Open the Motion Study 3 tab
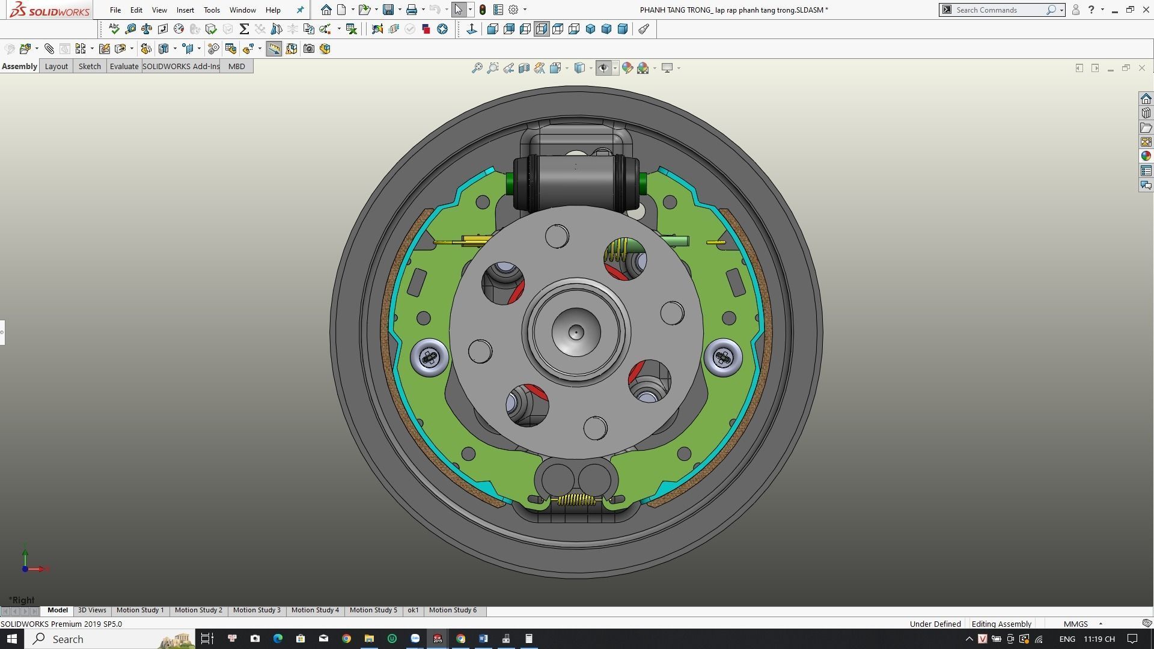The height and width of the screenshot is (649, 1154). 257,610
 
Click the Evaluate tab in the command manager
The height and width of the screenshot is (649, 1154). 124,66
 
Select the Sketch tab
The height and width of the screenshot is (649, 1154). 90,66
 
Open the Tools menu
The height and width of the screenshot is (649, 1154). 212,10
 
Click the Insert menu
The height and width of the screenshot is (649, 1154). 185,10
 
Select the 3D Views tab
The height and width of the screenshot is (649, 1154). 92,610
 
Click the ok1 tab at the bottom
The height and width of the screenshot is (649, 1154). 413,610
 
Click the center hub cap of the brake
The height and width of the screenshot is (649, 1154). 576,332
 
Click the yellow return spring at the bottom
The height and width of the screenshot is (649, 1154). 576,500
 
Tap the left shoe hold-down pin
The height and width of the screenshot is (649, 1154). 430,358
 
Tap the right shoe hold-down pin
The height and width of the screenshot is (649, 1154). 722,358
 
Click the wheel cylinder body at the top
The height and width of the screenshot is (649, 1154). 576,180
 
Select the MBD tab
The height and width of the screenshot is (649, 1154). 236,66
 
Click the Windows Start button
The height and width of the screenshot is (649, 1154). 11,638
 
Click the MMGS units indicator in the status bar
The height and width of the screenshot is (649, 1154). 1075,624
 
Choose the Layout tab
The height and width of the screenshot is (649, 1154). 56,66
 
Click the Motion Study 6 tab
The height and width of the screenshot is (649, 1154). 453,610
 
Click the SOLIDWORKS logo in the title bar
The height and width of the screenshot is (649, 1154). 49,10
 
